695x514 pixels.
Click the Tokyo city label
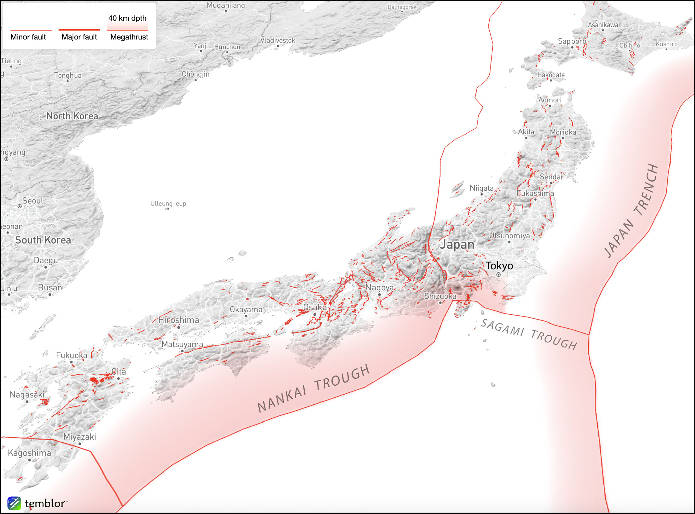(499, 266)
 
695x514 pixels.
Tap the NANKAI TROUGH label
(314, 389)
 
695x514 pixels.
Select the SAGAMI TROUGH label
(529, 334)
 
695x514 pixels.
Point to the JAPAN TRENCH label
(631, 211)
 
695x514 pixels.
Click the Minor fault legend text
(28, 37)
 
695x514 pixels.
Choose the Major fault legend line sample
(79, 30)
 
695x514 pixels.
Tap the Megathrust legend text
(129, 37)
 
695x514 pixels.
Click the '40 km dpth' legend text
(127, 18)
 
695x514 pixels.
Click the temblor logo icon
(14, 503)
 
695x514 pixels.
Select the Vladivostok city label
(278, 40)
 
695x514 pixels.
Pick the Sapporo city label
(572, 41)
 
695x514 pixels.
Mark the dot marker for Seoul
(19, 206)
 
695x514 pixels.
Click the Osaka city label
(315, 307)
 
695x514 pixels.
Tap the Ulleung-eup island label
(168, 204)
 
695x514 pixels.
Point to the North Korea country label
(72, 116)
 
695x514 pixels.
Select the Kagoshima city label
(29, 453)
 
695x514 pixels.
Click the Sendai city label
(551, 177)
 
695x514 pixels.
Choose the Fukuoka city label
(72, 355)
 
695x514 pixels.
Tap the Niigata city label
(481, 188)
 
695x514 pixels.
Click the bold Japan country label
(457, 245)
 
